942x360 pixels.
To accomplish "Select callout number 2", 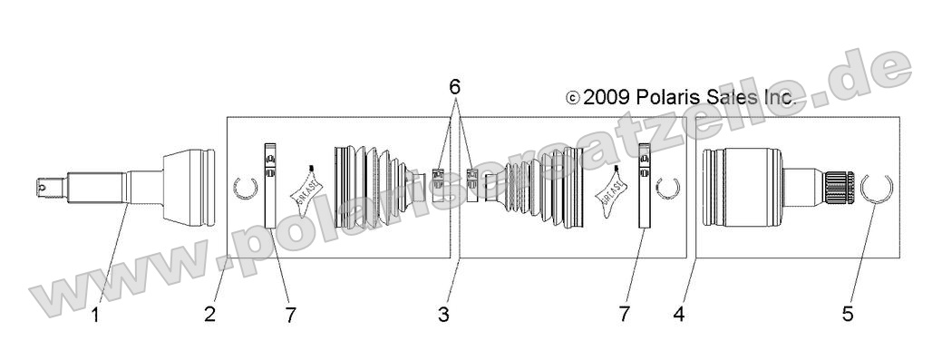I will (x=210, y=315).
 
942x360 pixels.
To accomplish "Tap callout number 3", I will (x=443, y=315).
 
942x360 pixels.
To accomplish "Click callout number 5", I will (x=848, y=315).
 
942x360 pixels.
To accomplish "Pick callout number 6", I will (x=454, y=87).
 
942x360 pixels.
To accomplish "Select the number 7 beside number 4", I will (x=624, y=315).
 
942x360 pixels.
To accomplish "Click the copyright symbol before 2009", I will (x=572, y=98).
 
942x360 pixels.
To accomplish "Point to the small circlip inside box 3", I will (x=669, y=189).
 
